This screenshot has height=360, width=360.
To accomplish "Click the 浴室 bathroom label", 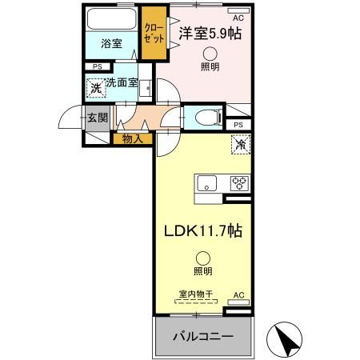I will (111, 44).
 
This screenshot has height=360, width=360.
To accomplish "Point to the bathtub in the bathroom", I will (111, 20).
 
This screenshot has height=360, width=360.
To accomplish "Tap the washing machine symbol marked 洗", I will (96, 87).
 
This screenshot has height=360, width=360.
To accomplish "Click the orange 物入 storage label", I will (133, 139).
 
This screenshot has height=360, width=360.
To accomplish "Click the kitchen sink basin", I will (206, 183).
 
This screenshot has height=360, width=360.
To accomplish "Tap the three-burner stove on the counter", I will (239, 182).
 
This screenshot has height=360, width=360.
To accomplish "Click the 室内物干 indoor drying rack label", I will (195, 294).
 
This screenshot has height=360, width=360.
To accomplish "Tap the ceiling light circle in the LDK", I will (203, 258).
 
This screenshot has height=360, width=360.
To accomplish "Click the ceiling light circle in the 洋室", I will (210, 53).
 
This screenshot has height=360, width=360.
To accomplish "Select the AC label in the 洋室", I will (238, 16).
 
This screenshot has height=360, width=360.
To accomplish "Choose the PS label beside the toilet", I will (238, 126).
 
